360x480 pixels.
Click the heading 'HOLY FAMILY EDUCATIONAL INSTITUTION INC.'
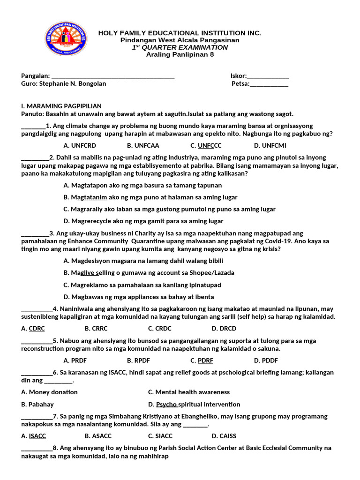(x=180, y=33)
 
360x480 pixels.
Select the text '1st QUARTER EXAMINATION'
(x=180, y=47)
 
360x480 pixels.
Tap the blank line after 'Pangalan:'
(x=112, y=76)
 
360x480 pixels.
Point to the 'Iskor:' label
(x=238, y=76)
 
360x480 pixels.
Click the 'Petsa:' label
(x=240, y=84)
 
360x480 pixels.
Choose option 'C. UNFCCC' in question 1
(x=206, y=145)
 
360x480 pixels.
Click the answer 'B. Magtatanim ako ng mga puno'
(x=150, y=197)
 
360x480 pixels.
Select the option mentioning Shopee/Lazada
(x=149, y=273)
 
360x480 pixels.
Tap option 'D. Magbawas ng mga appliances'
(x=139, y=297)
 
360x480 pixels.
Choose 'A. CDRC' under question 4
(x=33, y=329)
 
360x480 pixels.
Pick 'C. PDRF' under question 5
(x=202, y=360)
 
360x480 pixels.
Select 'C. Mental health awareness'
(x=189, y=392)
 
